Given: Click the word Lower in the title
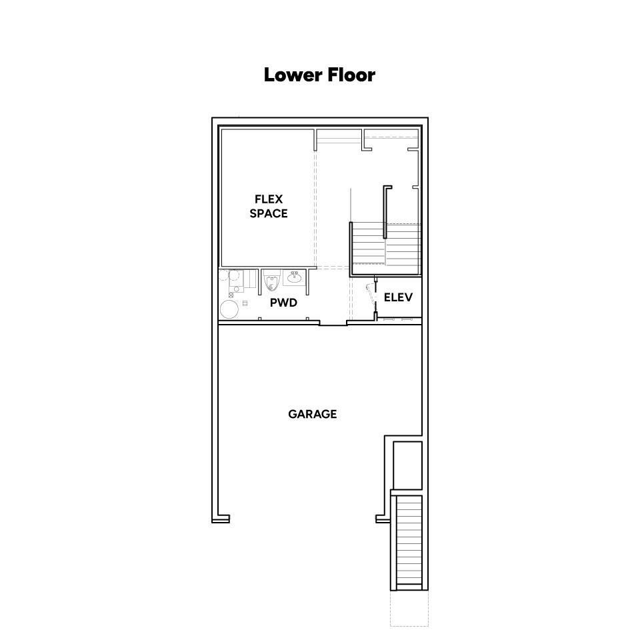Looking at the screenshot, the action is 290,75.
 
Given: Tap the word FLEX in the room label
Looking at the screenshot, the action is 269,199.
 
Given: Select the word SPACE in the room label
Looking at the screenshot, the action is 269,213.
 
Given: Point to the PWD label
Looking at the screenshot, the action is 284,303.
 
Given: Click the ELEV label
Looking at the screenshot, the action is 399,297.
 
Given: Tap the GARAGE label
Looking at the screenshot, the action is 313,414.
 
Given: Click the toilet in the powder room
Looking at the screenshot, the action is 272,281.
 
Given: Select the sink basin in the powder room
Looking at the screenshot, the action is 294,277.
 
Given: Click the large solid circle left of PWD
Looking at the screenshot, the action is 229,309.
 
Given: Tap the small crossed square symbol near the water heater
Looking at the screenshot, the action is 231,295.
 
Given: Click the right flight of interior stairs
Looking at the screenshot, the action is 403,245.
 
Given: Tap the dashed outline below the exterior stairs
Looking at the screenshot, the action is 409,608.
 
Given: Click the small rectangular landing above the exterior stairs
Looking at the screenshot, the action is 407,466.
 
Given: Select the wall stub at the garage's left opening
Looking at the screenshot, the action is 221,519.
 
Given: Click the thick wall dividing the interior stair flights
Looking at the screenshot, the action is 385,212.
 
